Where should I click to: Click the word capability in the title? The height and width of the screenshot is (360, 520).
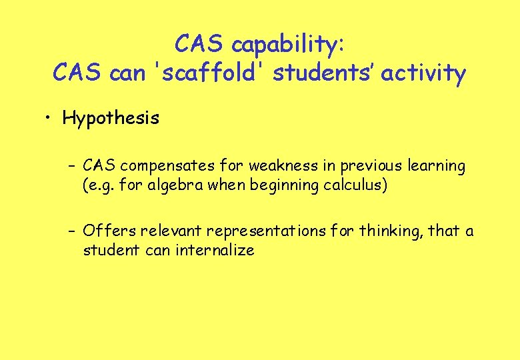(287, 45)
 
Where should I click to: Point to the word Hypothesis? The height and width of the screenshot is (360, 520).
(111, 119)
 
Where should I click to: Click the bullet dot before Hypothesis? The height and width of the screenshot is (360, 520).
(49, 119)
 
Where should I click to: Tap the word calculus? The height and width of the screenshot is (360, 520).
(355, 185)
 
